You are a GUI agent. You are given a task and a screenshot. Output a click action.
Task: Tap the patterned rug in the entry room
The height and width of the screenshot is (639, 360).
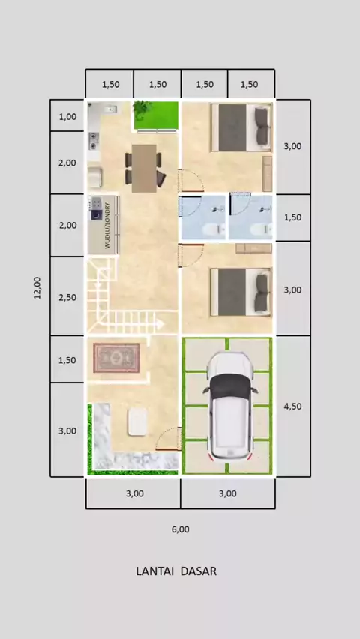click(116, 358)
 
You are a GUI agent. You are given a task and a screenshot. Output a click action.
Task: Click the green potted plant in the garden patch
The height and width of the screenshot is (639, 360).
click(142, 109)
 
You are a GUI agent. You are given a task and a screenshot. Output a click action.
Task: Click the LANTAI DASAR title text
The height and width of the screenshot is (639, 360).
click(176, 571)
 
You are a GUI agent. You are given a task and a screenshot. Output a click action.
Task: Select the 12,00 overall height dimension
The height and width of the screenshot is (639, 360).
click(37, 288)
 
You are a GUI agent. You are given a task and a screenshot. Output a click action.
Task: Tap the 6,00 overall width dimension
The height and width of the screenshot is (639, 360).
click(180, 529)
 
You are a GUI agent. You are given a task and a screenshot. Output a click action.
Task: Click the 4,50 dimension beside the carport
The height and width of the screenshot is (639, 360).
click(292, 406)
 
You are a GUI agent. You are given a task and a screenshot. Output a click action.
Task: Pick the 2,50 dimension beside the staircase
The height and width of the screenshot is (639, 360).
click(67, 297)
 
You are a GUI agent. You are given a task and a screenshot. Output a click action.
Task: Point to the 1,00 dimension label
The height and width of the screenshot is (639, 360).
click(67, 117)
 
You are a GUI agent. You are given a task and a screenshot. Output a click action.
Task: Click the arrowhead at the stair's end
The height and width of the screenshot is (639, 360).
click(160, 325)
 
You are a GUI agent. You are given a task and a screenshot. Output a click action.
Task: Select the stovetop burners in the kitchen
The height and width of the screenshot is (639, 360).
click(94, 140)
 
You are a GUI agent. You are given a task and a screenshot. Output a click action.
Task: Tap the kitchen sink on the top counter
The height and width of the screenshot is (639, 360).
click(110, 109)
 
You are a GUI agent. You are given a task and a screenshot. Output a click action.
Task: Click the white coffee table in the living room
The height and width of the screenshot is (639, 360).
click(137, 421)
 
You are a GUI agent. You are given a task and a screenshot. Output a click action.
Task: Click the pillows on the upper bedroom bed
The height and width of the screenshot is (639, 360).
click(262, 126)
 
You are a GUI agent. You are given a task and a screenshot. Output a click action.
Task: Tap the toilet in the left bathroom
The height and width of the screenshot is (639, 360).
click(214, 230)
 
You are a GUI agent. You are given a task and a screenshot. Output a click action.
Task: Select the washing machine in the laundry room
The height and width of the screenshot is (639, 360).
click(97, 214)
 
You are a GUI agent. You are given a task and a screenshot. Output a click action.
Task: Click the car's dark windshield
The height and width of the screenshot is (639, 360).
click(230, 386)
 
